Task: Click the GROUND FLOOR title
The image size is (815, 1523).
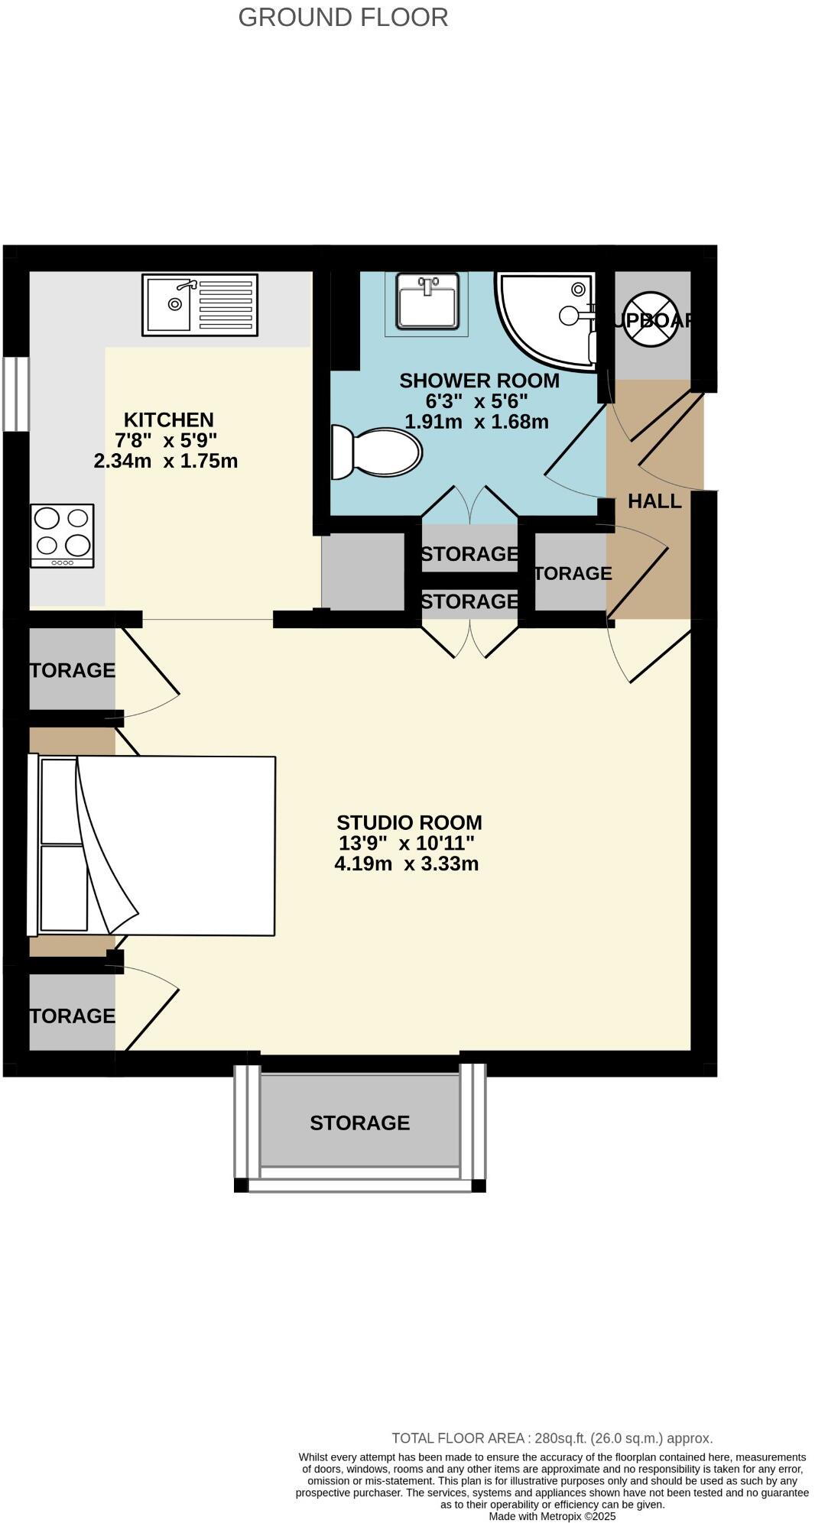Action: (x=343, y=17)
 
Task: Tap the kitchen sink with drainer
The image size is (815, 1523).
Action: (x=200, y=305)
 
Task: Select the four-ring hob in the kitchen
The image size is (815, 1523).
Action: (x=62, y=535)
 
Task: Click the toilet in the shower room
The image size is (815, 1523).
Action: (x=377, y=452)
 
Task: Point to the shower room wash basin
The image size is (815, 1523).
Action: (x=427, y=300)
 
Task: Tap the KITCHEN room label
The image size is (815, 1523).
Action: (x=168, y=420)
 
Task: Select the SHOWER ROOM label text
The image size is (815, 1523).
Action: (x=479, y=381)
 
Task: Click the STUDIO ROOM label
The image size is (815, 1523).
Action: (x=409, y=822)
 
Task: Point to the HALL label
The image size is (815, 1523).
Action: (x=654, y=501)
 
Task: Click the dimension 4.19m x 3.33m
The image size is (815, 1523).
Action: (x=406, y=864)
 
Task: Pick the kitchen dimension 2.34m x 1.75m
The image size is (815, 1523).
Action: (x=165, y=461)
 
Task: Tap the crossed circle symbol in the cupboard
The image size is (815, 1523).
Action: (x=651, y=319)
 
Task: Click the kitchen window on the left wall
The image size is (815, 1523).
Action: (x=15, y=394)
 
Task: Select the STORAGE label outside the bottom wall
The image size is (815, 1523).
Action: (x=359, y=1123)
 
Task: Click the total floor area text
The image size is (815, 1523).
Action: (x=552, y=1438)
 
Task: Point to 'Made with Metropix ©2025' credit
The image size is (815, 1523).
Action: (x=552, y=1516)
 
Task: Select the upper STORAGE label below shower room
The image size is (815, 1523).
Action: (x=469, y=553)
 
